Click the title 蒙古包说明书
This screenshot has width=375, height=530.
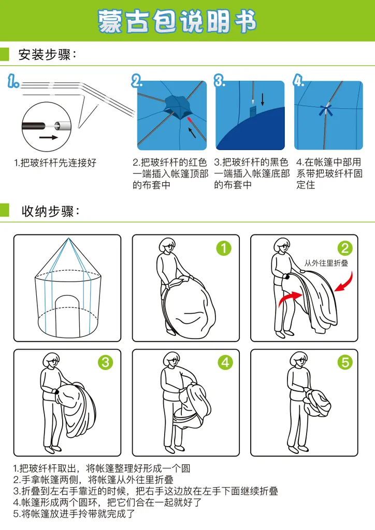point(177,21)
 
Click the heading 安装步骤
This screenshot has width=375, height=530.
point(48,54)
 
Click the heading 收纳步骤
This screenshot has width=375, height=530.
point(51,211)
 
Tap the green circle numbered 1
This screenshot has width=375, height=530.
point(224,248)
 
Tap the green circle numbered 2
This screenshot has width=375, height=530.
point(345,248)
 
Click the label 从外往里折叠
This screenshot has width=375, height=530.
point(326,263)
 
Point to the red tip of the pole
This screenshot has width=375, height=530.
point(190,120)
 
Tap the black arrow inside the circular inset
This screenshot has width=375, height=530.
point(48,137)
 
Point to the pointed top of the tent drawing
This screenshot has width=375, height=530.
point(68,239)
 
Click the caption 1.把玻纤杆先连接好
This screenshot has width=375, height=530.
point(55,163)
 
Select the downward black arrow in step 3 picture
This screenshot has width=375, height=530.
point(263,100)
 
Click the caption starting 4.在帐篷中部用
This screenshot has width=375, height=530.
point(330,173)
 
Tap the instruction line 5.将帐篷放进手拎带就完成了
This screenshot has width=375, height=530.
point(74,514)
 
